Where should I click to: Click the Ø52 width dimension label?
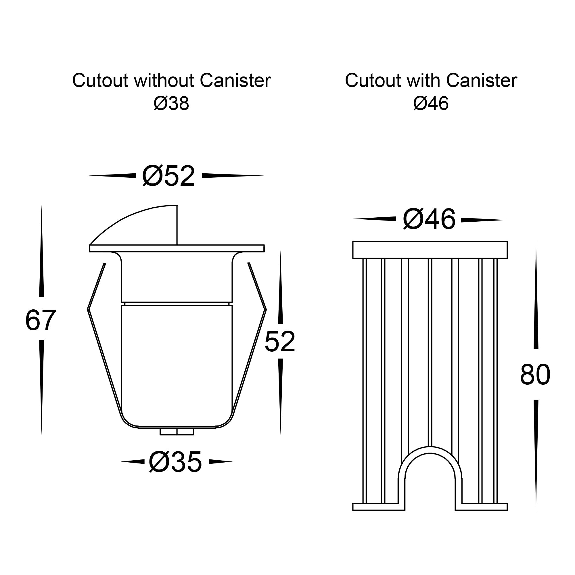click(168, 176)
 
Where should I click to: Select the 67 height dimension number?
click(41, 321)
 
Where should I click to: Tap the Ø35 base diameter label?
click(175, 462)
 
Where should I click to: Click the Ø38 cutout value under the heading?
click(171, 103)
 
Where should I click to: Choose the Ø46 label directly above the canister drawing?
click(429, 219)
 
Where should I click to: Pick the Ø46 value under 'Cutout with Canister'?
click(431, 103)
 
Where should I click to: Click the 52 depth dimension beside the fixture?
click(280, 342)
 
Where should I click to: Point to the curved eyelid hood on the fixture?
click(134, 225)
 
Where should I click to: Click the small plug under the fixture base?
click(177, 432)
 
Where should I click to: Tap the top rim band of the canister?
click(430, 250)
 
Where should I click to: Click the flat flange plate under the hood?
click(177, 248)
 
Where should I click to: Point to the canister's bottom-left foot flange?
click(379, 507)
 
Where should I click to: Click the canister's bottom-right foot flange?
click(481, 507)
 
